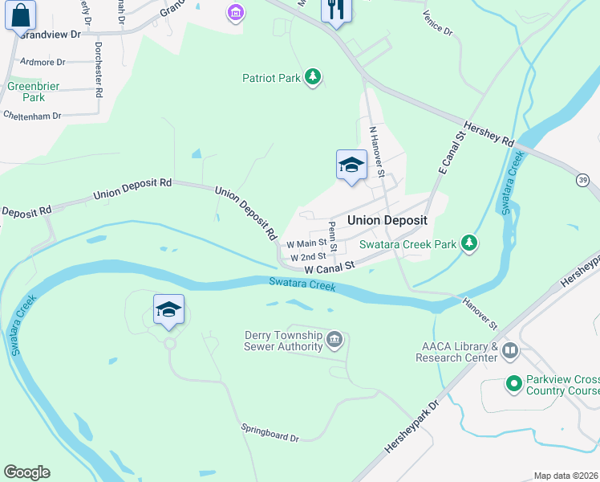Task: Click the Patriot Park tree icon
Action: point(313,78)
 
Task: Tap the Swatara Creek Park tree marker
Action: point(470,243)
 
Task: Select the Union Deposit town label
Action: point(387,220)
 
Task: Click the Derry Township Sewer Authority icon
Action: point(335,341)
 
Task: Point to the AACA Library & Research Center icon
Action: point(510,350)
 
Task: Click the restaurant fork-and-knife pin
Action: point(335,10)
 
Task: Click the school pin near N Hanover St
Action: point(351,165)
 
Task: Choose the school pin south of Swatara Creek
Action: point(168,310)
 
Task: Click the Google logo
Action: point(26,472)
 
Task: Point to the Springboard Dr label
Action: point(270,433)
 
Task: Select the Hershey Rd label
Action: point(489,133)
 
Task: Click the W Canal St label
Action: point(329,266)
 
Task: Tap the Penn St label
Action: point(332,231)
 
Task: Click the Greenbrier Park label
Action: point(26,91)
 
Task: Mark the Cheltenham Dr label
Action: point(32,116)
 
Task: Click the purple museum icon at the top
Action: point(236,12)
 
